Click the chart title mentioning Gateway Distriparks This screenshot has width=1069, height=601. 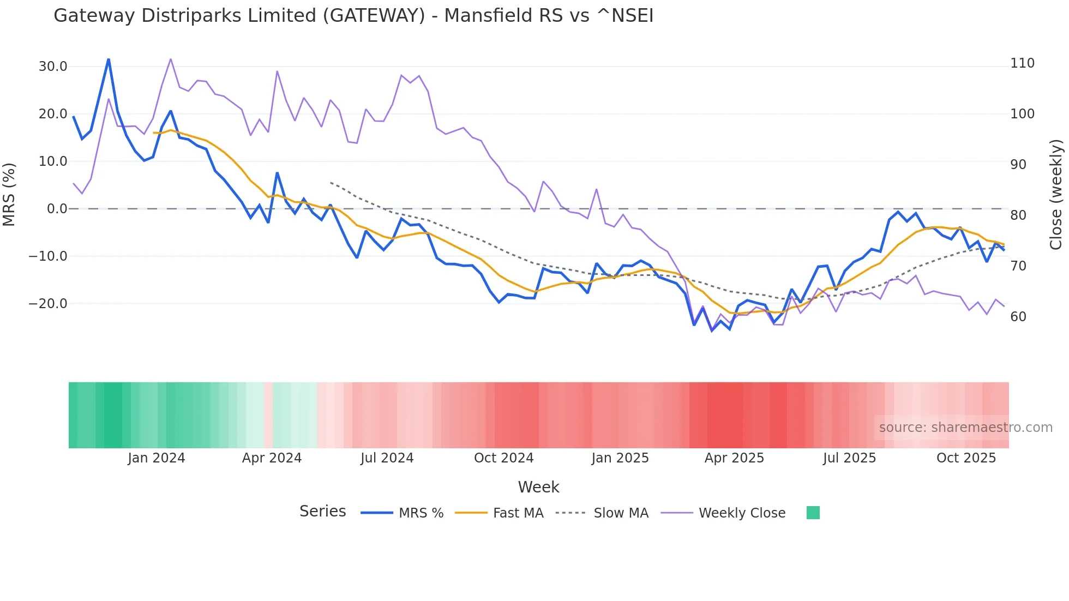(x=353, y=16)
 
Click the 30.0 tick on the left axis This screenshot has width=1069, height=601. (x=53, y=67)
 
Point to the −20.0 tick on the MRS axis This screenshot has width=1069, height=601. (x=48, y=304)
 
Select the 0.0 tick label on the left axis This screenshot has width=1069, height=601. (x=57, y=209)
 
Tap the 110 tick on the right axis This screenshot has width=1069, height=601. (x=1022, y=63)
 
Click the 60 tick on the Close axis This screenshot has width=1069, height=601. (x=1018, y=317)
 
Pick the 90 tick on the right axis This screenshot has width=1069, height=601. (x=1018, y=165)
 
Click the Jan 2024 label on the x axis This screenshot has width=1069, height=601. (x=157, y=458)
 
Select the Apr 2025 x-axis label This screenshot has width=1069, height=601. (x=734, y=458)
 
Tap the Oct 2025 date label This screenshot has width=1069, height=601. (x=966, y=458)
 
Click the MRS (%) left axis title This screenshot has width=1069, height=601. (x=9, y=194)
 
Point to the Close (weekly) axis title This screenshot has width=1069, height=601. (x=1056, y=194)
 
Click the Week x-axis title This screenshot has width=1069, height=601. (x=538, y=487)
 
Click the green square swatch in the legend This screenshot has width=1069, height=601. (x=813, y=513)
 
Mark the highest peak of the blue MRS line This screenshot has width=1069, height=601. (x=109, y=59)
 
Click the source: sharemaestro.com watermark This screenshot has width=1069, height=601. (x=965, y=428)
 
